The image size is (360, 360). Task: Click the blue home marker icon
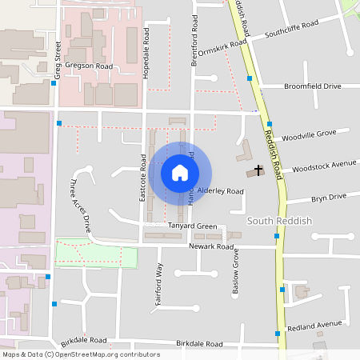click(180, 173)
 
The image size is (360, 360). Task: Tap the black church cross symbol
click(258, 170)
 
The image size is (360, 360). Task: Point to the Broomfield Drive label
click(312, 86)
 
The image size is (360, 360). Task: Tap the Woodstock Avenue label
click(324, 165)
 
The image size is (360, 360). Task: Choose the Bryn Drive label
click(328, 197)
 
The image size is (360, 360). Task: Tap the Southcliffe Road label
click(293, 34)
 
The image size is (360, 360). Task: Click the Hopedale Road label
click(146, 54)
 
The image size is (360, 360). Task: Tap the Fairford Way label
click(160, 279)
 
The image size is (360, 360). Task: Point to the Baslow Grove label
click(236, 274)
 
